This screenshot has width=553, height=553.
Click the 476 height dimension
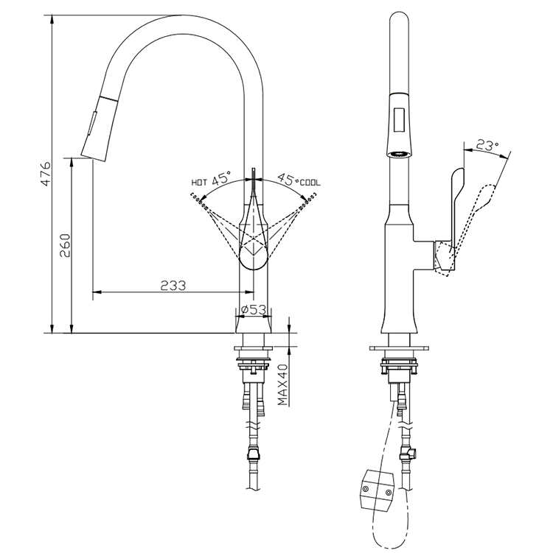44,174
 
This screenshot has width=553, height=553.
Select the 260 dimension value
64,244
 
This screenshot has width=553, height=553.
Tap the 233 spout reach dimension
172,284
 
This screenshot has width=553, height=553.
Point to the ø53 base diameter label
253,311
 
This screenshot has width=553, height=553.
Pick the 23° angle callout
487,145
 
